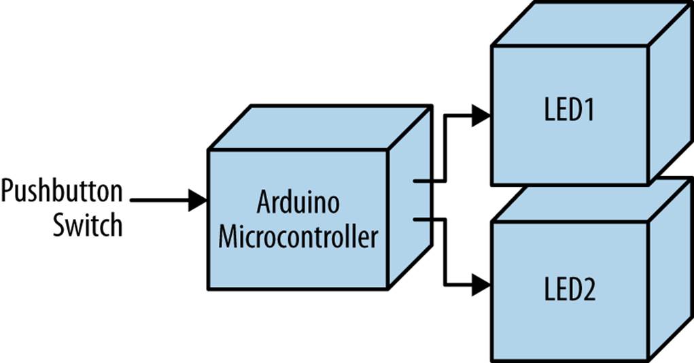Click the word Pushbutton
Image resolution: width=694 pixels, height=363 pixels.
coord(62,192)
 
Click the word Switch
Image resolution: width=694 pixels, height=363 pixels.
coord(88,224)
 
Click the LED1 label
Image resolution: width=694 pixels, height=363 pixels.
coord(569,111)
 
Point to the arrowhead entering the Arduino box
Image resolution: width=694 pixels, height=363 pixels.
coord(198,200)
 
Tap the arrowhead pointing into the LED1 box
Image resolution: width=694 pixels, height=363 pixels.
coord(481,116)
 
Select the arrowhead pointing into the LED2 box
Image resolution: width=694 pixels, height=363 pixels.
coord(481,285)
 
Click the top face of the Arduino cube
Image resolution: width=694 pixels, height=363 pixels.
coord(319,128)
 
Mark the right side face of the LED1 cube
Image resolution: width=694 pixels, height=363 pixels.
coord(670,95)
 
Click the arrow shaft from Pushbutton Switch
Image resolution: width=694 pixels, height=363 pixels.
coord(160,200)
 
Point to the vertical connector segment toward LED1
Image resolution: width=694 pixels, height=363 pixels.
coord(445,148)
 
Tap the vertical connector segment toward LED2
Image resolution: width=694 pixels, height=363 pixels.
coord(445,252)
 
